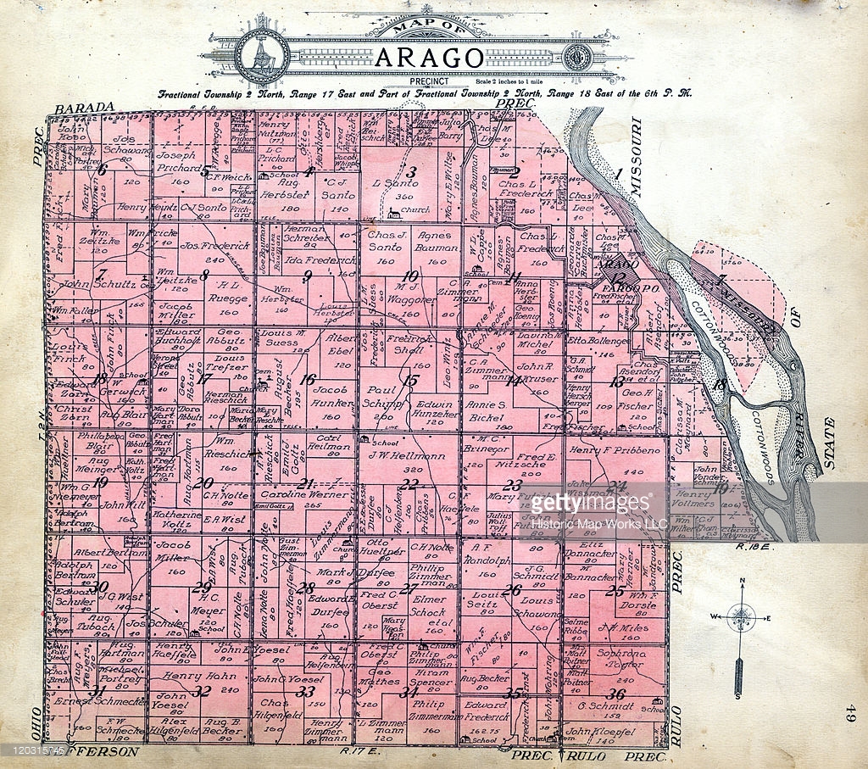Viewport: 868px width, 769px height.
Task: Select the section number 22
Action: click(x=409, y=484)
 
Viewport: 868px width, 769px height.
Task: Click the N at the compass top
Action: click(x=742, y=581)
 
